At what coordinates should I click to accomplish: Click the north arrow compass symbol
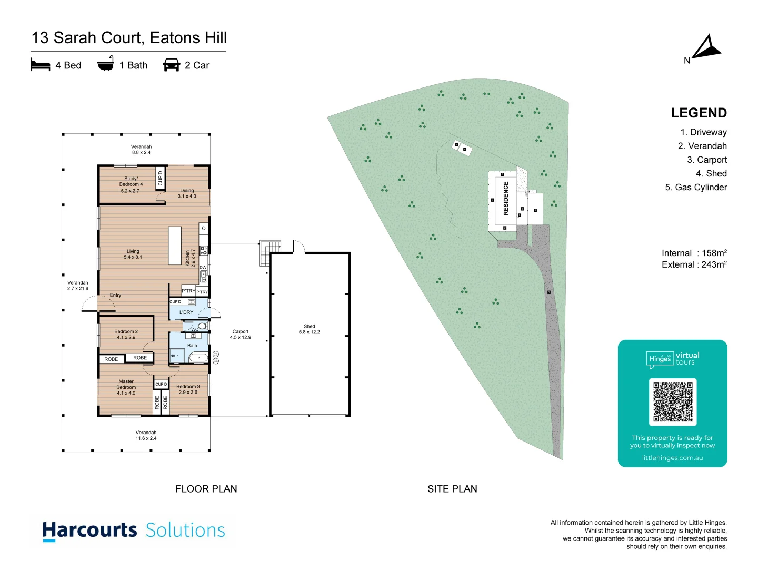click(x=706, y=48)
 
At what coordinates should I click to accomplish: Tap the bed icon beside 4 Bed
click(x=41, y=65)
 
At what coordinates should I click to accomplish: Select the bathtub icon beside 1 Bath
click(x=106, y=64)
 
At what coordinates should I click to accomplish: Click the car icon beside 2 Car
click(x=172, y=65)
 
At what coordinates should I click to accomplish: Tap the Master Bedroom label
click(x=126, y=387)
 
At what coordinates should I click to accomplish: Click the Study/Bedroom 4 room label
click(x=131, y=184)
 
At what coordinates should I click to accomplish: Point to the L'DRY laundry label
click(x=186, y=312)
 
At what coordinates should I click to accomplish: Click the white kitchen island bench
click(x=175, y=246)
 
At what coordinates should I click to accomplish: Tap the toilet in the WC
click(x=202, y=327)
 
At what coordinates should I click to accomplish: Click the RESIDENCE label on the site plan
click(x=506, y=199)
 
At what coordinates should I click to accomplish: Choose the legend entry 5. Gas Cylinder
click(x=696, y=187)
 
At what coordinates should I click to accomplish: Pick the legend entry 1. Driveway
click(x=703, y=132)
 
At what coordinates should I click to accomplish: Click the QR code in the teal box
click(x=673, y=401)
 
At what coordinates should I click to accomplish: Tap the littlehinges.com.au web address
click(x=672, y=458)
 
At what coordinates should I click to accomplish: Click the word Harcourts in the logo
click(x=90, y=530)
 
